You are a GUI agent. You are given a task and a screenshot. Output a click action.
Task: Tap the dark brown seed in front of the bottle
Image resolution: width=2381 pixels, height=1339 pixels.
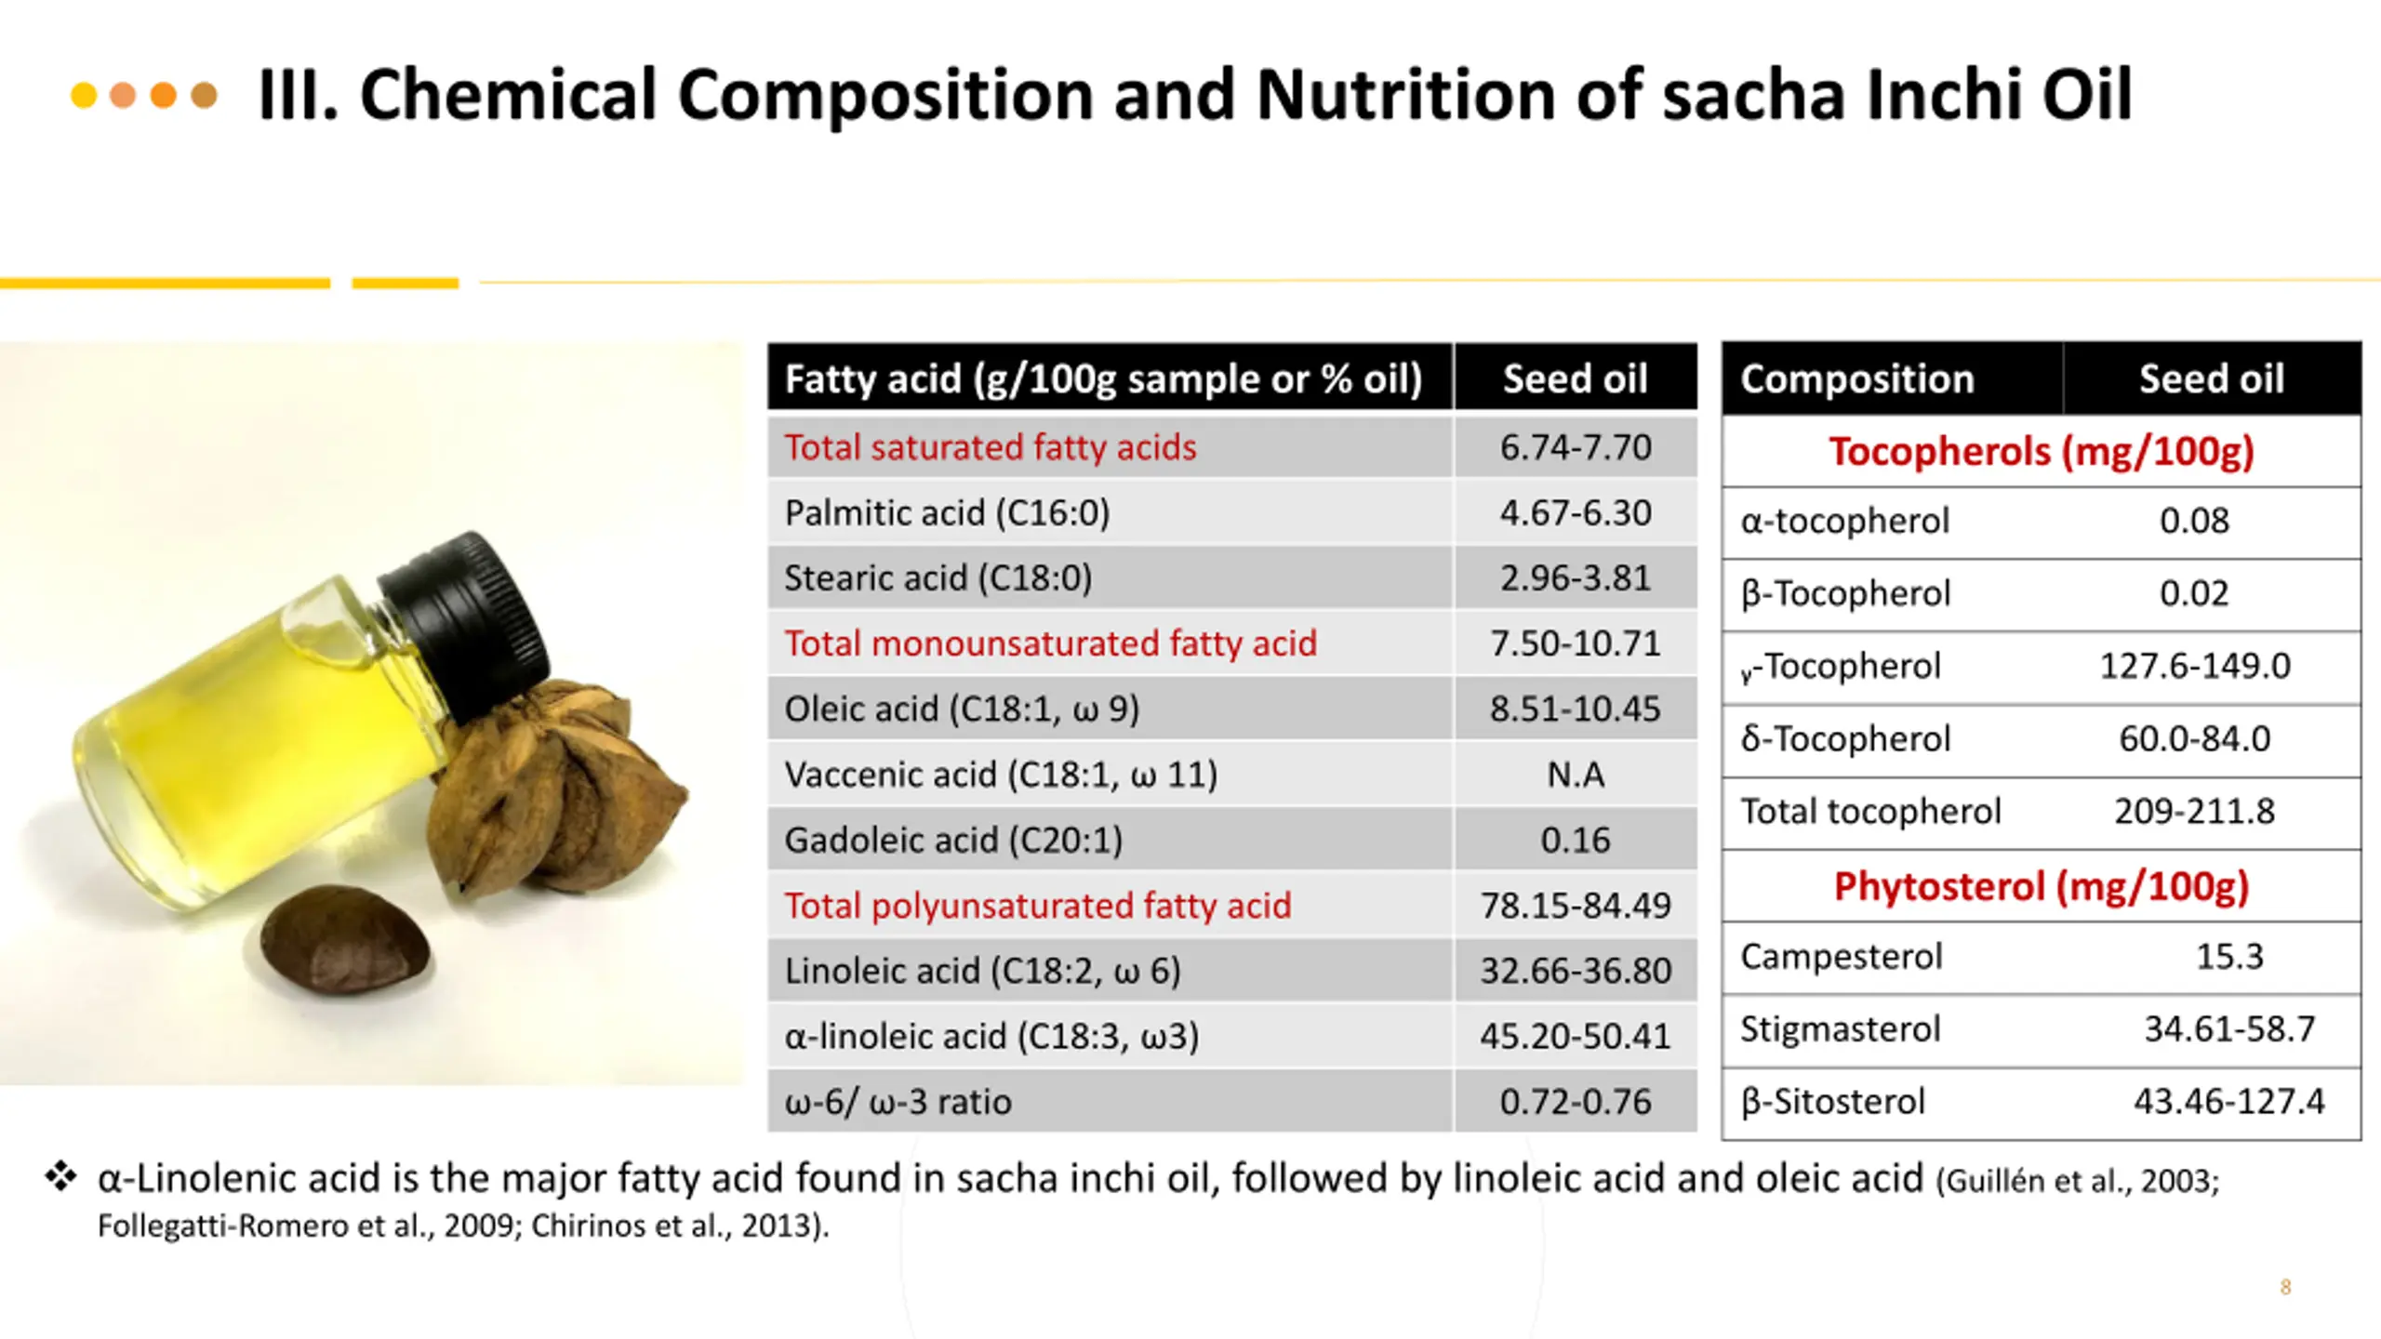345,940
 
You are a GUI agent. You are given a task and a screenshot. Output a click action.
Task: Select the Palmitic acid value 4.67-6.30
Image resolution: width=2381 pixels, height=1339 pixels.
1575,512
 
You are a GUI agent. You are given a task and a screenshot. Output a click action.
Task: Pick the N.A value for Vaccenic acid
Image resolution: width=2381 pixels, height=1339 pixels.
1575,774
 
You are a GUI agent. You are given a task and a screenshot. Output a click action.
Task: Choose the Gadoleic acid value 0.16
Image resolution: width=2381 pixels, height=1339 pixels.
1575,840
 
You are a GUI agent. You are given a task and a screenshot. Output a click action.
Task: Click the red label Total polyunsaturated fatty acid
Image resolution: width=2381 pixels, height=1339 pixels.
1037,905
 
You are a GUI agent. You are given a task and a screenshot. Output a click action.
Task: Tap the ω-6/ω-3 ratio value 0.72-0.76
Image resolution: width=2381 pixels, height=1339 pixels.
1575,1101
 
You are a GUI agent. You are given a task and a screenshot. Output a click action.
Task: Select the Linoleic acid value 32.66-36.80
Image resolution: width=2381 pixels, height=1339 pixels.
1575,970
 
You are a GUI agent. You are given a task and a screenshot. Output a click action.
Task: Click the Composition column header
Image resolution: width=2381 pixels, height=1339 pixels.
1856,378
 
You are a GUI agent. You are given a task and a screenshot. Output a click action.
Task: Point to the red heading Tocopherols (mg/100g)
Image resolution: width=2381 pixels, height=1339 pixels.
2041,451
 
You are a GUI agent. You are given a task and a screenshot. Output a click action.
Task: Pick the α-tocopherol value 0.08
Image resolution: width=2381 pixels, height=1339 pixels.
2193,520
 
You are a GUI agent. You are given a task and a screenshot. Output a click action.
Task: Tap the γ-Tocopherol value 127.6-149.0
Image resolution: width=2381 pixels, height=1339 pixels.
2194,666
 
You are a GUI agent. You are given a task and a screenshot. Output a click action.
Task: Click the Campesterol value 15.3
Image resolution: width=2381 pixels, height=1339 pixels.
2228,956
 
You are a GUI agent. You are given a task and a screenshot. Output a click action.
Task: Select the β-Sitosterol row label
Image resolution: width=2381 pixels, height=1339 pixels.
1832,1101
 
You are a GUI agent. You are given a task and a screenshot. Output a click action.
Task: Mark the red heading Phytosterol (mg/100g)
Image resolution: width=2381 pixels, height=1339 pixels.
2041,886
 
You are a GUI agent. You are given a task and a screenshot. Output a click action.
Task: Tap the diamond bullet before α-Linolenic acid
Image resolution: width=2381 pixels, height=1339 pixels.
61,1176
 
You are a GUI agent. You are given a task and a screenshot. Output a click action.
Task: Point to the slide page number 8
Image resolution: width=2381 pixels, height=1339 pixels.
2285,1287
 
